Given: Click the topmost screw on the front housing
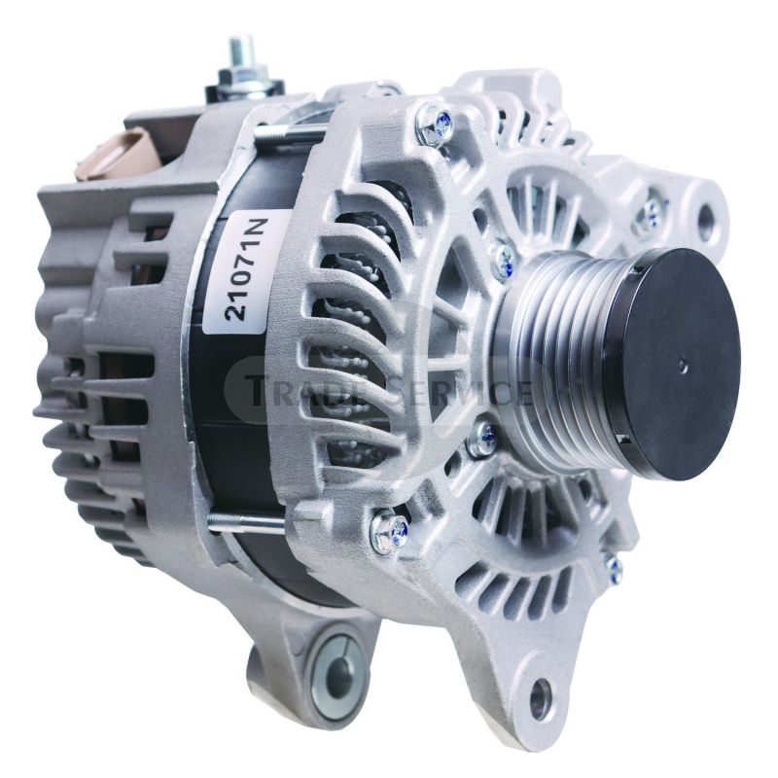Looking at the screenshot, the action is coord(434,123).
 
